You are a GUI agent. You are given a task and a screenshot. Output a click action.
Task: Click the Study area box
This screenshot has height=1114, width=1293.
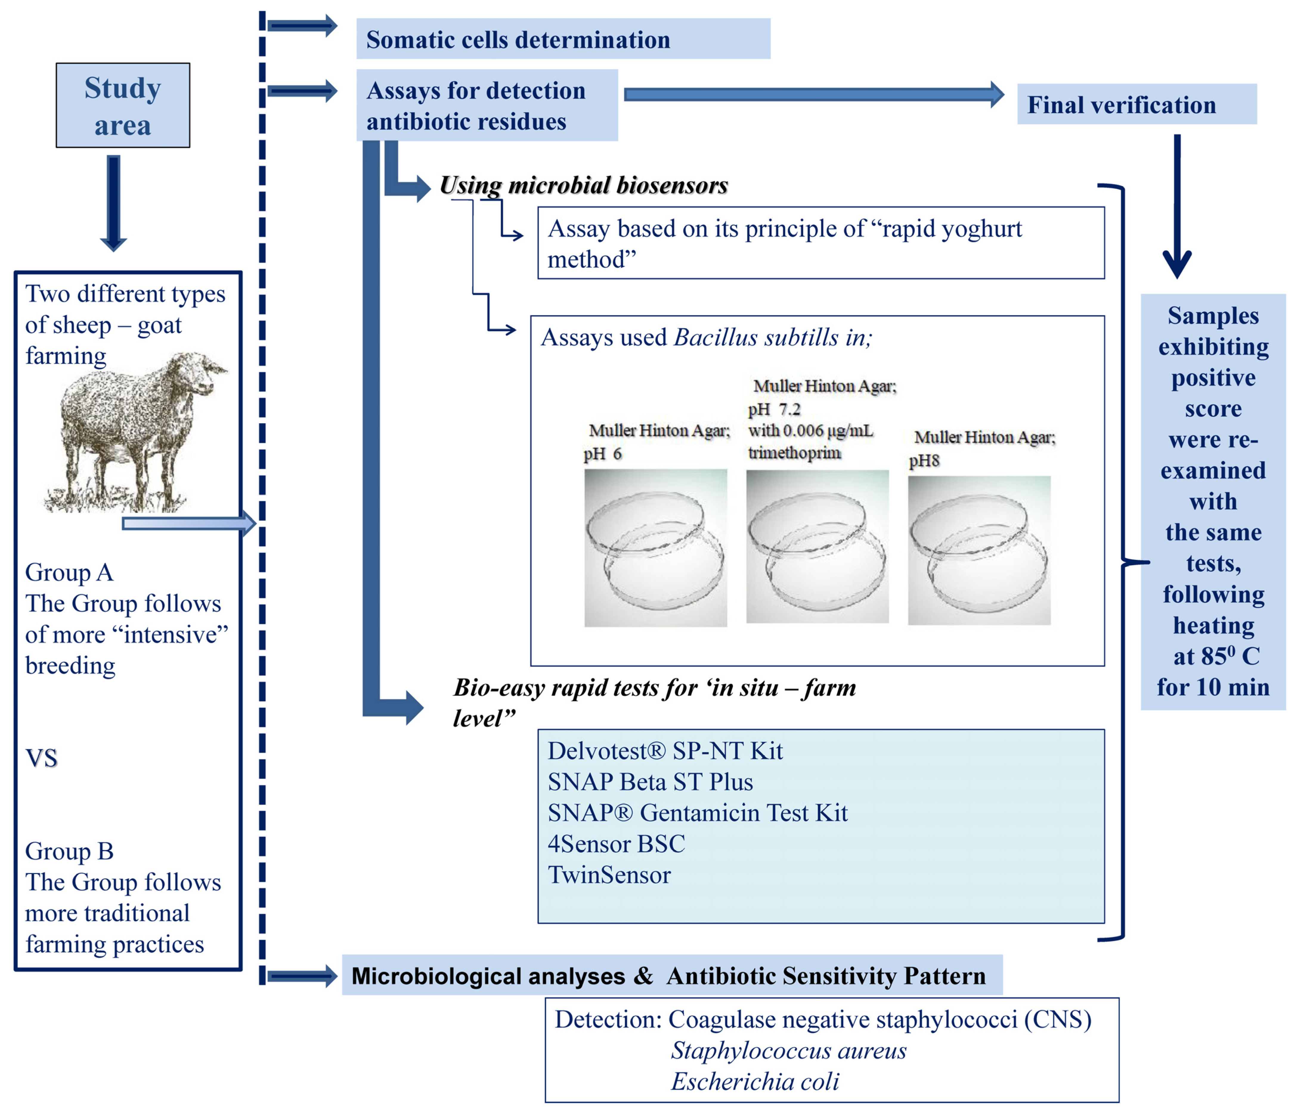[123, 106]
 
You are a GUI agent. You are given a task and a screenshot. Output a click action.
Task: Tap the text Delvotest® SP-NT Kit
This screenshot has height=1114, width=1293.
[665, 751]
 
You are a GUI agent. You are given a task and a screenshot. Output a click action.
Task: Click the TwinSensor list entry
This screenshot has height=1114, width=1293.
[609, 875]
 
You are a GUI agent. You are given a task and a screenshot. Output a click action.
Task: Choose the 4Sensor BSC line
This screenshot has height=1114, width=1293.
[616, 844]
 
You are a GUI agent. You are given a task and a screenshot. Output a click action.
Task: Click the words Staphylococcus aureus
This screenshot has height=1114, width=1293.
[788, 1050]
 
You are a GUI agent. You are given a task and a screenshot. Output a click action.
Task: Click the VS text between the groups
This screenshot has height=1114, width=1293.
[41, 758]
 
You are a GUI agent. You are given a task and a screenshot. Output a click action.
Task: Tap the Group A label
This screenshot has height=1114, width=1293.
[69, 572]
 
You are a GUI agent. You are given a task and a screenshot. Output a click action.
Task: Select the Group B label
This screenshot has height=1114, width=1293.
[69, 851]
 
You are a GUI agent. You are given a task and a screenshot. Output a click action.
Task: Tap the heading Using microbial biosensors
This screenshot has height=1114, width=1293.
[583, 185]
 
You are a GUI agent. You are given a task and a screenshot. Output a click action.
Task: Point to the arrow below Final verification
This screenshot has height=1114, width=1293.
[1177, 206]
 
